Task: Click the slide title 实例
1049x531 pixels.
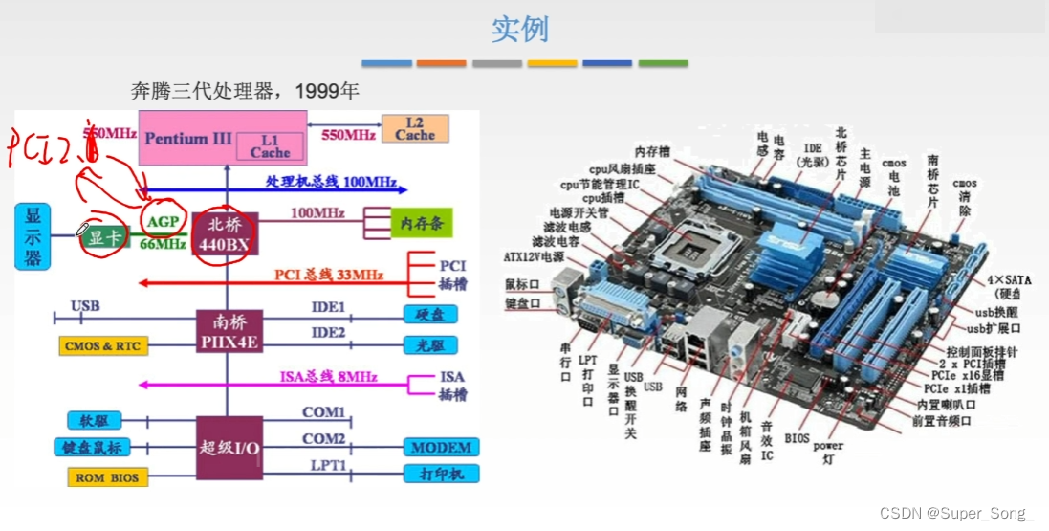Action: [520, 29]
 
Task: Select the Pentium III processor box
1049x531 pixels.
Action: [189, 138]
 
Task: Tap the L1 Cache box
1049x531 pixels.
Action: [271, 146]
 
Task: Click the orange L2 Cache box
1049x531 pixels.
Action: [415, 129]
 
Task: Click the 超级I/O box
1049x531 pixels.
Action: [229, 447]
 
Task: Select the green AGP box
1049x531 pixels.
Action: [160, 222]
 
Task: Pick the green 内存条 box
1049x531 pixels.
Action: [421, 224]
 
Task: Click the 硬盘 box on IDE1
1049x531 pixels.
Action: [428, 314]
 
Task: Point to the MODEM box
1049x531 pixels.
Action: [441, 447]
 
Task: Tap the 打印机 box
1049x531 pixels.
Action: [441, 475]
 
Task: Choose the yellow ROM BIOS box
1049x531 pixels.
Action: [108, 477]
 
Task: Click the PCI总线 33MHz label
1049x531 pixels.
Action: [328, 276]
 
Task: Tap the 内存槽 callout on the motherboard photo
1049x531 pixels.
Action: [652, 150]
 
